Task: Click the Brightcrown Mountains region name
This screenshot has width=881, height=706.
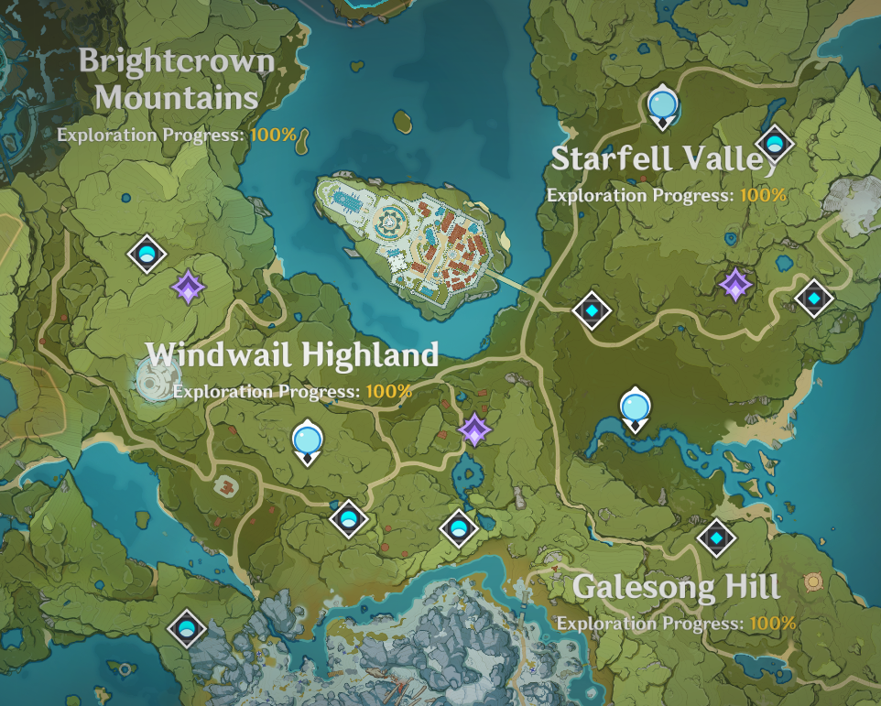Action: click(x=176, y=79)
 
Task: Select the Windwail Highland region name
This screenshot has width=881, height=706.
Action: click(x=292, y=354)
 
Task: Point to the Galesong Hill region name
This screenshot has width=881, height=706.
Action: click(x=676, y=587)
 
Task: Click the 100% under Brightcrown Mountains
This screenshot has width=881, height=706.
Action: click(x=273, y=135)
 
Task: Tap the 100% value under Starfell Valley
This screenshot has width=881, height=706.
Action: click(x=763, y=194)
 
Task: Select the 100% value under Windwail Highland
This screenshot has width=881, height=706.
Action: click(x=388, y=391)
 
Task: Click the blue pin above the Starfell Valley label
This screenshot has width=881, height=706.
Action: click(x=661, y=105)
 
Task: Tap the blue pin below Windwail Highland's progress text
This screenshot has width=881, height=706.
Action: click(x=308, y=440)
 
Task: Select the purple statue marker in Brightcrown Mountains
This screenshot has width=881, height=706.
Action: click(x=189, y=288)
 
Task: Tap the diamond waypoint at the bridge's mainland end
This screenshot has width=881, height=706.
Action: click(x=592, y=310)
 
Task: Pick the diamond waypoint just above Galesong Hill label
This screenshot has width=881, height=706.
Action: click(x=716, y=538)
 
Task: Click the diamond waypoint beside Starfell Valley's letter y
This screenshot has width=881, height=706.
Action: click(x=775, y=143)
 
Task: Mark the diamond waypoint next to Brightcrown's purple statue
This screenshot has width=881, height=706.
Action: click(x=146, y=254)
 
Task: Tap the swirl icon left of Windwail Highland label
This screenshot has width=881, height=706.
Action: click(x=152, y=378)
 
